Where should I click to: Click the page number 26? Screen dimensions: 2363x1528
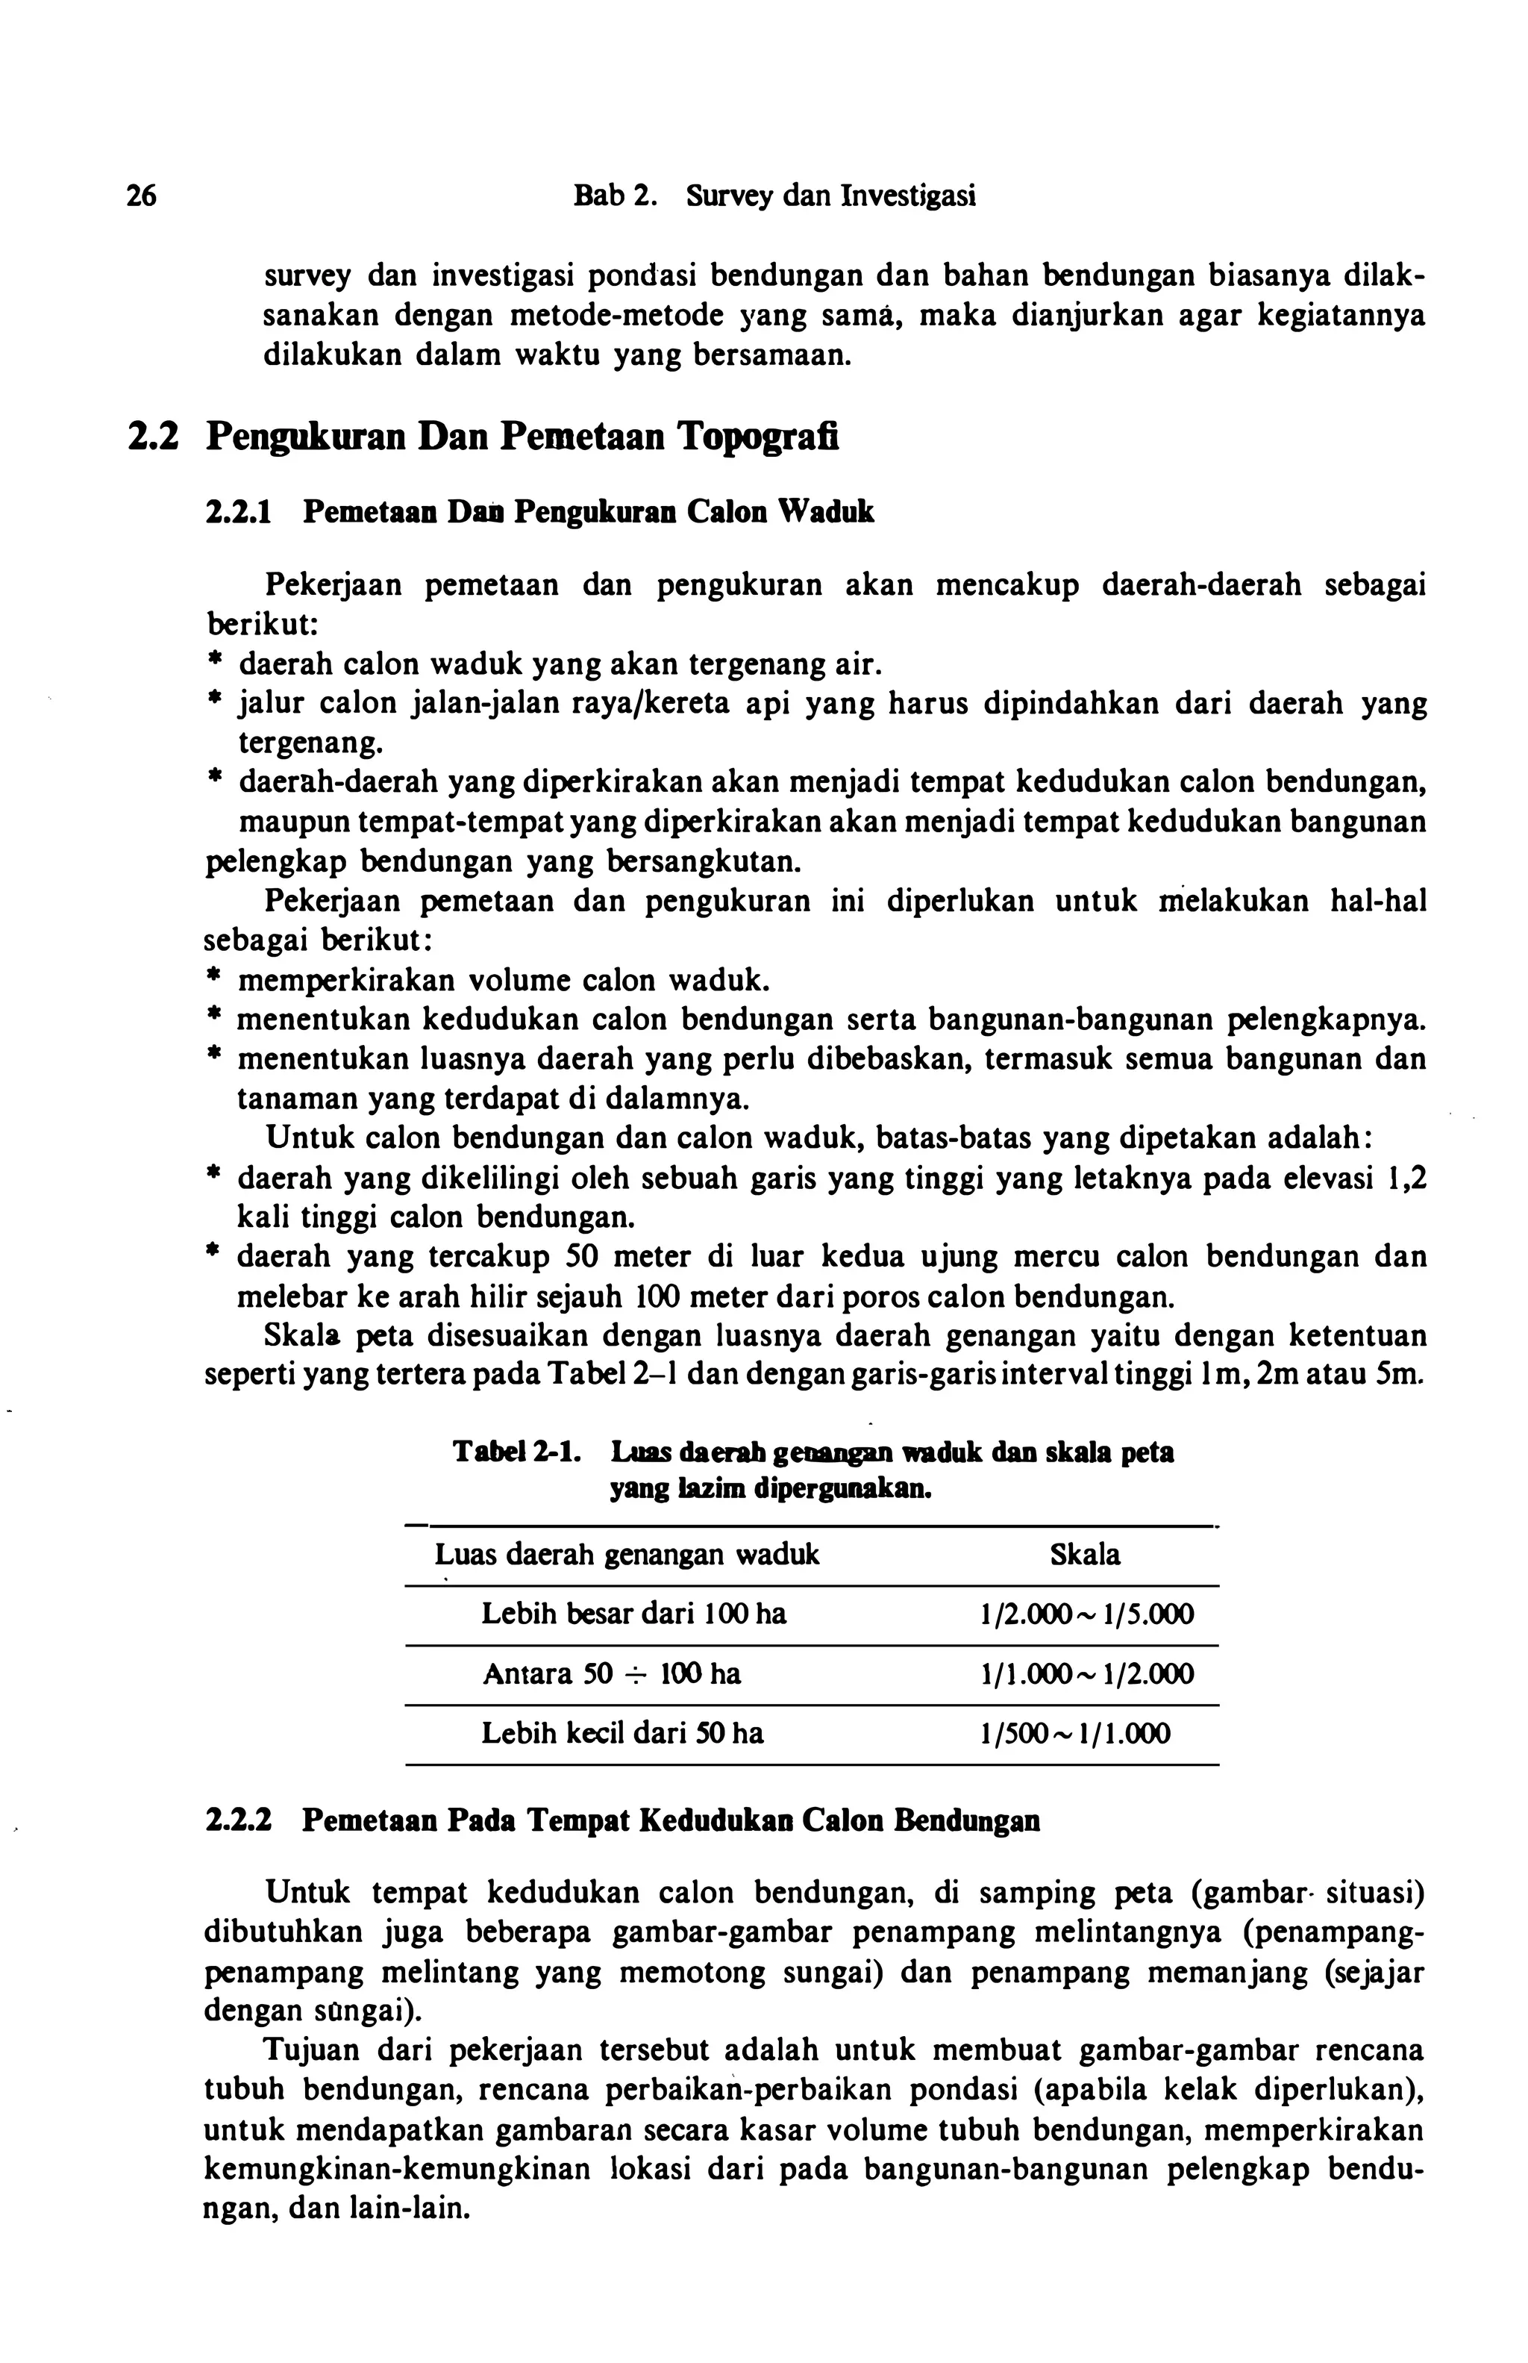tap(141, 196)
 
